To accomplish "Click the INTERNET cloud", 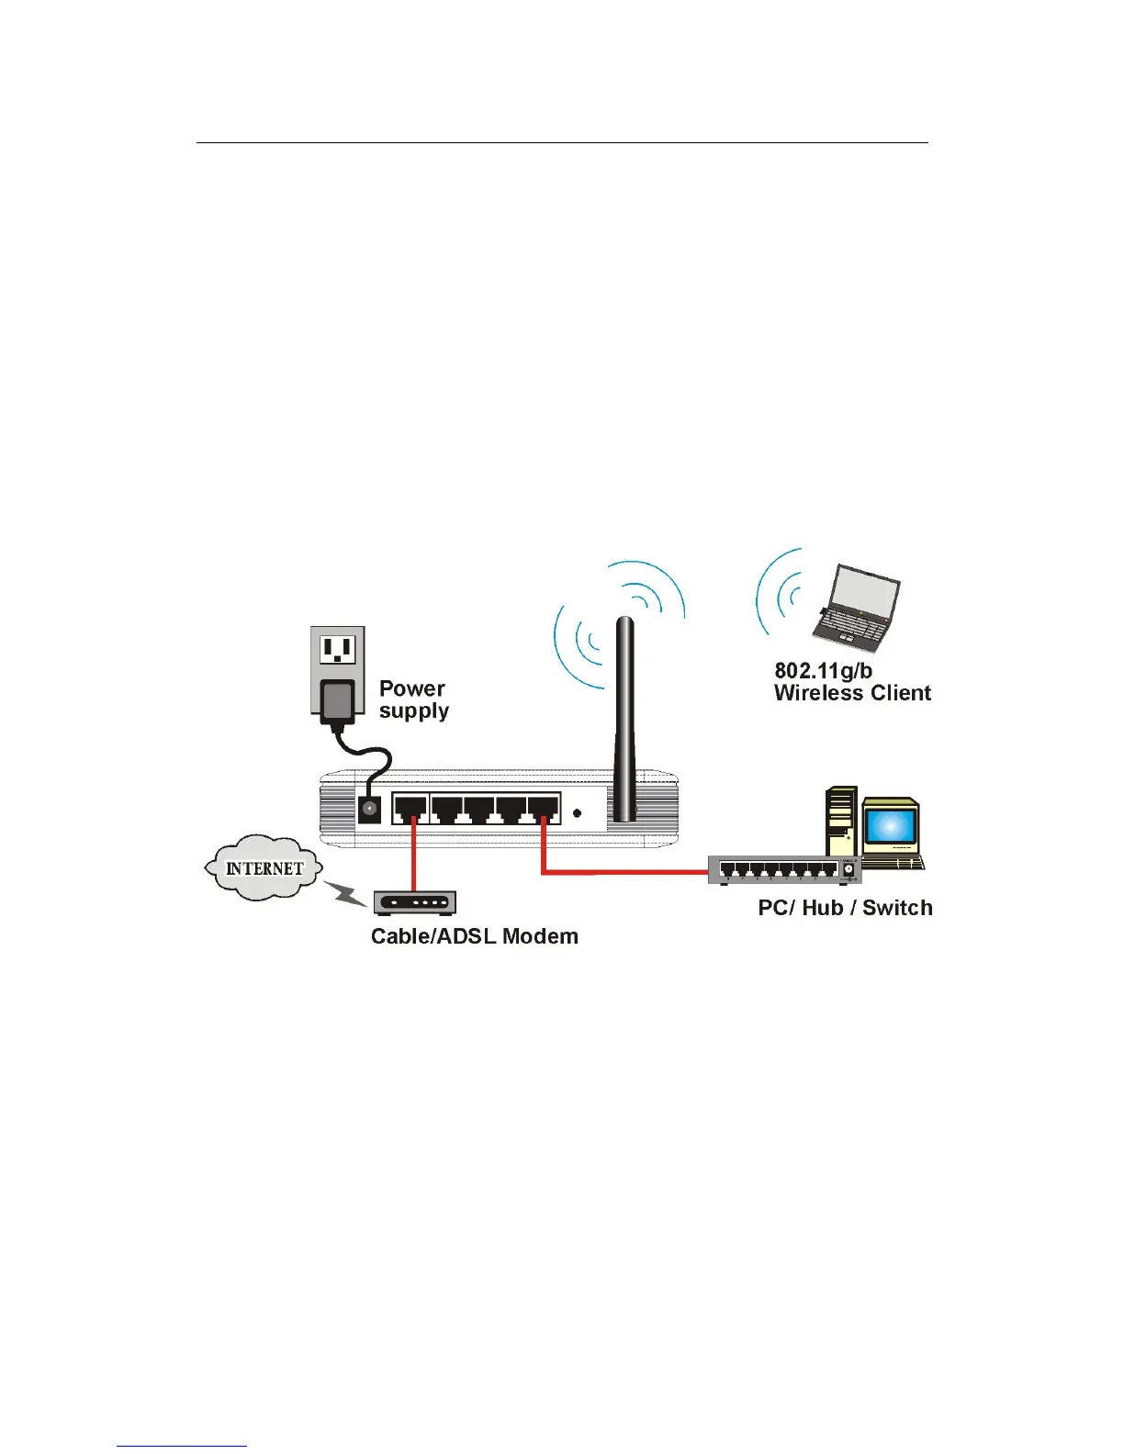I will pyautogui.click(x=264, y=867).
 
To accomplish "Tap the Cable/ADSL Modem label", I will pyautogui.click(x=474, y=936).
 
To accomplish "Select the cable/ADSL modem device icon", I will pyautogui.click(x=414, y=903).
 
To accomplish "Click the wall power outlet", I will pyautogui.click(x=338, y=650).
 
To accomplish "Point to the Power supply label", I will pyautogui.click(x=413, y=699).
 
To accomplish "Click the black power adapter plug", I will pyautogui.click(x=338, y=701).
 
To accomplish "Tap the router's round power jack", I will pyautogui.click(x=370, y=809).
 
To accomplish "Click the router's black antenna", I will pyautogui.click(x=624, y=716).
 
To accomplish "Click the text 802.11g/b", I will pyautogui.click(x=823, y=671).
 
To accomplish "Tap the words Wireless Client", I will pyautogui.click(x=852, y=693).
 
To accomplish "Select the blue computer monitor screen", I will pyautogui.click(x=890, y=827).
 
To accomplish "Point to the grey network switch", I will pyautogui.click(x=783, y=869).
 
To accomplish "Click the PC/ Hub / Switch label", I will pyautogui.click(x=845, y=908).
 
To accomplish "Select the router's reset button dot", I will pyautogui.click(x=577, y=812).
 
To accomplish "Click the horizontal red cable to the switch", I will pyautogui.click(x=624, y=871).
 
